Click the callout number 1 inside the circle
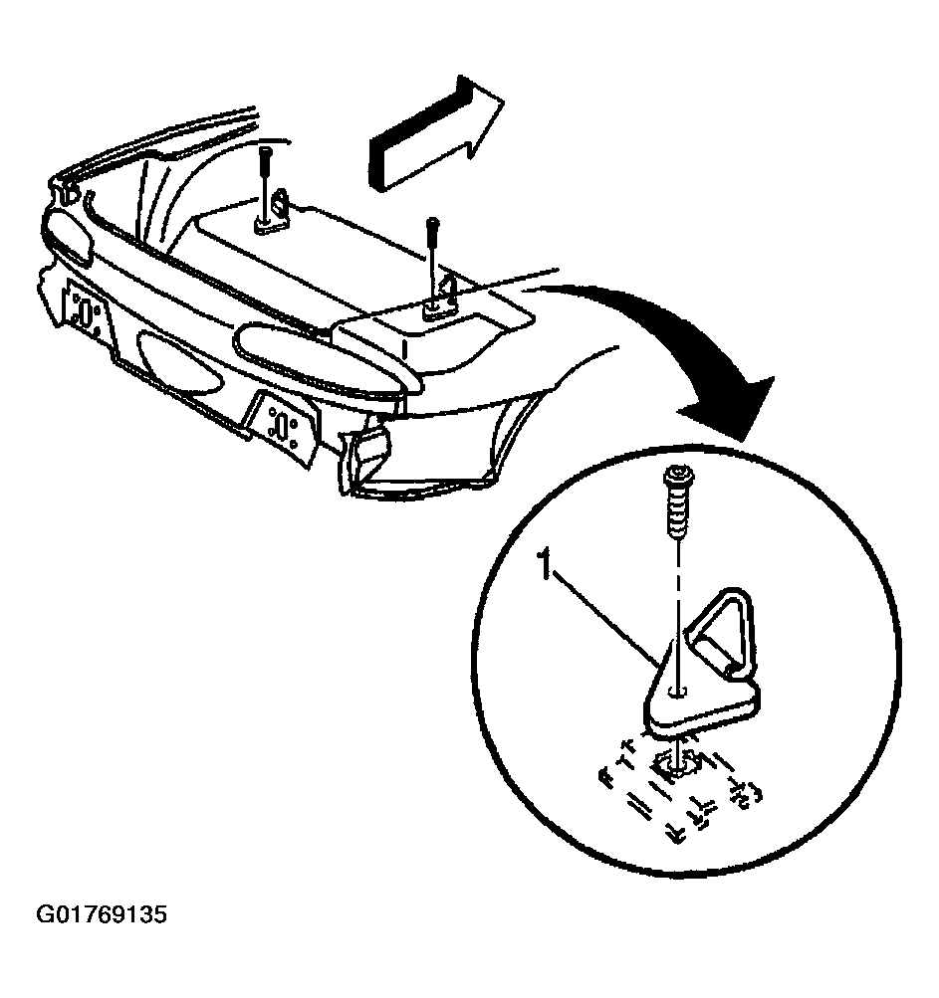(544, 568)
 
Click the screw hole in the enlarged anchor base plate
(677, 688)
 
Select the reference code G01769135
(102, 914)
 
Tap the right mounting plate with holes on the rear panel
(283, 425)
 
